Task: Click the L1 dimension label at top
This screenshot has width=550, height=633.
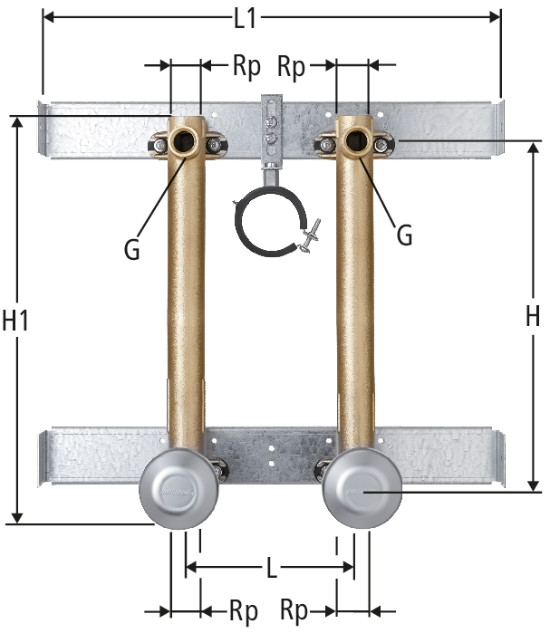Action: [x=246, y=19]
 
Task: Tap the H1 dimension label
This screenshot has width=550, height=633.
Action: [x=15, y=321]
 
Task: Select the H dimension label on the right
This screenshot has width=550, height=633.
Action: [x=533, y=316]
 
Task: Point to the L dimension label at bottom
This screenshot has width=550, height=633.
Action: [x=272, y=568]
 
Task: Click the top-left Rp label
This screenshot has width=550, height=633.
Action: [x=246, y=66]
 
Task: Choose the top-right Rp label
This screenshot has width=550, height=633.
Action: [x=291, y=67]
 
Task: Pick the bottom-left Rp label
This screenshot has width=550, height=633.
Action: [x=244, y=611]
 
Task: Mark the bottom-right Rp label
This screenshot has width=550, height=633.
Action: [x=294, y=611]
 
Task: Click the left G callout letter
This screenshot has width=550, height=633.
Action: [x=132, y=249]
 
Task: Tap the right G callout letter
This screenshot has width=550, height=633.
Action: [x=405, y=235]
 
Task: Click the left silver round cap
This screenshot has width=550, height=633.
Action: [x=179, y=489]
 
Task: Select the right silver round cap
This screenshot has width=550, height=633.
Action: [x=362, y=489]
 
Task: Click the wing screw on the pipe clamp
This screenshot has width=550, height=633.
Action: [x=308, y=236]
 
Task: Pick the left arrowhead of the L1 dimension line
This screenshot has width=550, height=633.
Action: [x=48, y=17]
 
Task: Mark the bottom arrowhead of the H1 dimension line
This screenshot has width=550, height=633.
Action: [x=17, y=517]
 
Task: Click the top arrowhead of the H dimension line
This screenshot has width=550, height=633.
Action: [x=534, y=149]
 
